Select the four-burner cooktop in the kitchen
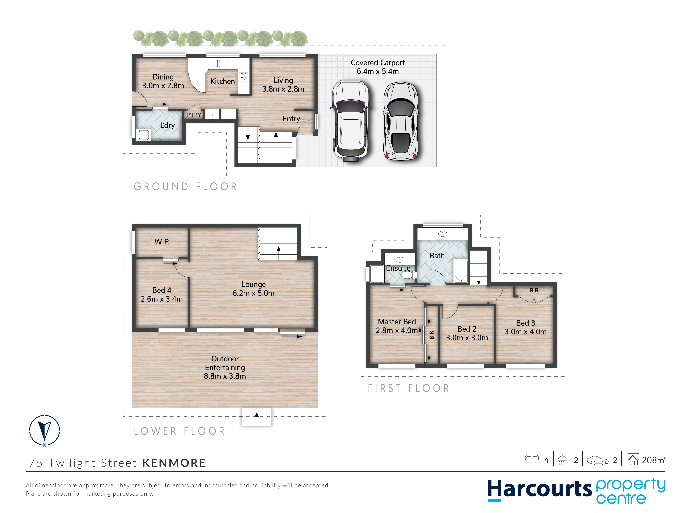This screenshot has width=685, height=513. [244, 77]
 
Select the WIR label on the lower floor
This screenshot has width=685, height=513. [162, 242]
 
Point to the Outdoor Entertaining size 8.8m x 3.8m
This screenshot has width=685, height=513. [225, 376]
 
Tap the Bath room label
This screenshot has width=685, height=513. [437, 256]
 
